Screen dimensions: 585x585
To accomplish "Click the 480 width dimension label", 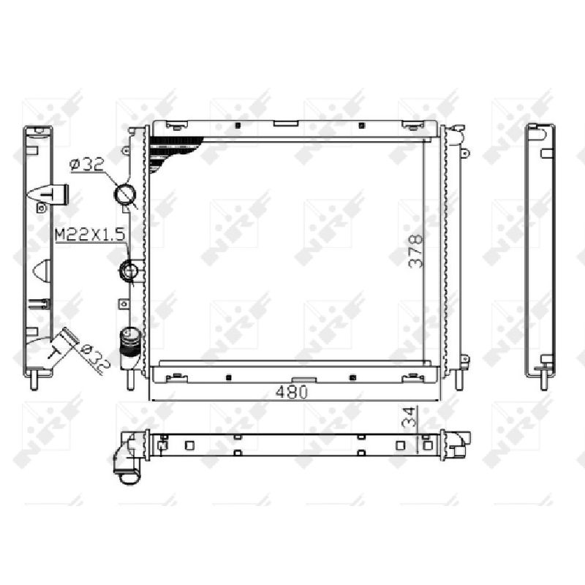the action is (292, 392).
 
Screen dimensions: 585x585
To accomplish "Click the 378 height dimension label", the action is (416, 251).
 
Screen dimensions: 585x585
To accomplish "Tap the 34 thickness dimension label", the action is (409, 417).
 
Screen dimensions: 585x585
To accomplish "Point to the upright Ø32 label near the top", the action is (87, 164).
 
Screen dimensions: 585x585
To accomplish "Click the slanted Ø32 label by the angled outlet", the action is (95, 358).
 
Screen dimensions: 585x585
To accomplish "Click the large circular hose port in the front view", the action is (124, 195).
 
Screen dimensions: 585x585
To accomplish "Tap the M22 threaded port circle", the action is (129, 270).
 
